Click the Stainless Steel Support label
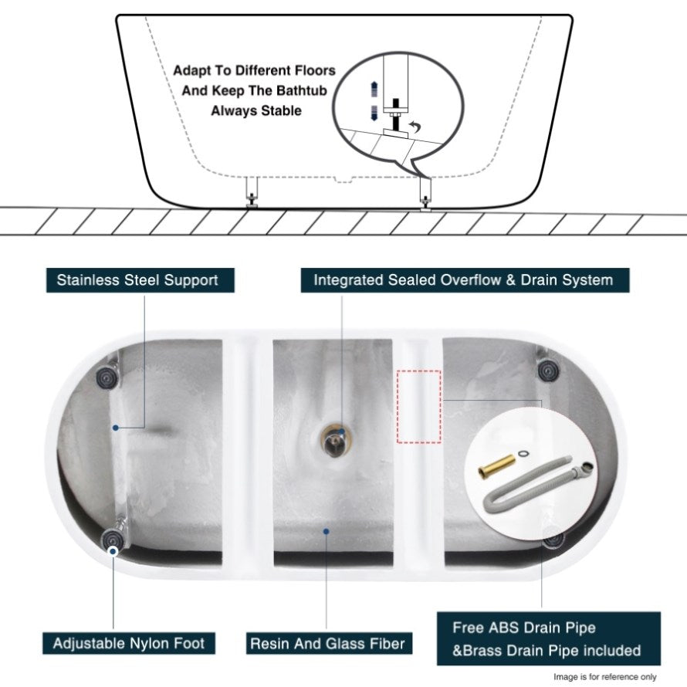click(x=140, y=280)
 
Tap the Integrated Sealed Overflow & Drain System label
click(x=465, y=280)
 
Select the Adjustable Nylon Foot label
click(x=129, y=643)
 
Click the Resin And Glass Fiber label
click(x=329, y=643)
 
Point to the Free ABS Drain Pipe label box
click(x=549, y=639)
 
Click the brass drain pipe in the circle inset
click(x=496, y=466)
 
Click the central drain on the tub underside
click(x=335, y=439)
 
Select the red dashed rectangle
click(x=419, y=407)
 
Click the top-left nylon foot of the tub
click(x=106, y=376)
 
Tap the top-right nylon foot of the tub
click(x=547, y=371)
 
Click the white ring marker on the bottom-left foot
click(x=113, y=552)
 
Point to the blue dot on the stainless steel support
click(x=115, y=428)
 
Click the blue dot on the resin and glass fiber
click(x=327, y=532)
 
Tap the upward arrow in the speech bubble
click(x=374, y=89)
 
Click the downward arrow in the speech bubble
click(x=374, y=113)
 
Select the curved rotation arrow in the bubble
click(x=415, y=127)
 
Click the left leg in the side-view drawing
click(x=252, y=192)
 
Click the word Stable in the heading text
click(x=281, y=111)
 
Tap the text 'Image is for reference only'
click(x=604, y=678)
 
